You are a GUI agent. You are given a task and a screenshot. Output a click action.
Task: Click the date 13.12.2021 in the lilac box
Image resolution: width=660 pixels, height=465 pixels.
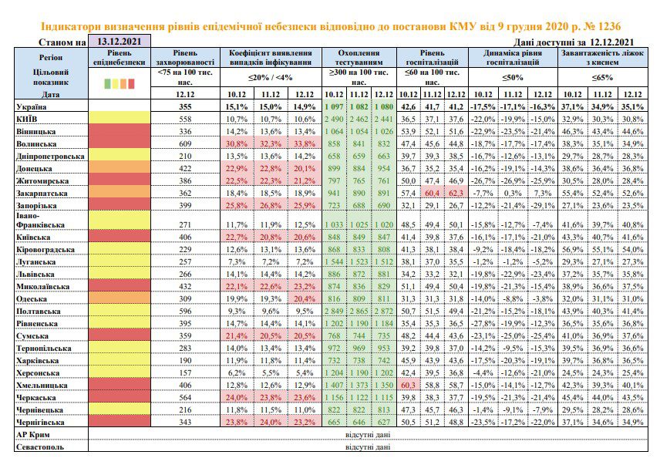(119, 41)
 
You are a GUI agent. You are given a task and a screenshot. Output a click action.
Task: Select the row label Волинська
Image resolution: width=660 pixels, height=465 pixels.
(36, 144)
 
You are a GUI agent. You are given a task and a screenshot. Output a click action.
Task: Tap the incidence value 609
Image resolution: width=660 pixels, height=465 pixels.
(185, 144)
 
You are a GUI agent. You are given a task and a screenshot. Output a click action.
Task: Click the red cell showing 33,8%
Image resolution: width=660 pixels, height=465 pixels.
(305, 144)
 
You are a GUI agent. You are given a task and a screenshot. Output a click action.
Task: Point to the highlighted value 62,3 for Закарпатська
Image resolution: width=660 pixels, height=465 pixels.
(456, 193)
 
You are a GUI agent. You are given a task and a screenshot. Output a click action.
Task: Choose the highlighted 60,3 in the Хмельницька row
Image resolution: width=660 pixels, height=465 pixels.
(408, 385)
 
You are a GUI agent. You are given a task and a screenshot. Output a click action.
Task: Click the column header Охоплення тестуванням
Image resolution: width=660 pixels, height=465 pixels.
(359, 58)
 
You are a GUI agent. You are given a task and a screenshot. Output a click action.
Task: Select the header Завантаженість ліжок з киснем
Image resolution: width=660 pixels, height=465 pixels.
(602, 58)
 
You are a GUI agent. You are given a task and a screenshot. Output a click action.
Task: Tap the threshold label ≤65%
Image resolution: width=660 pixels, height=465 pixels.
(602, 77)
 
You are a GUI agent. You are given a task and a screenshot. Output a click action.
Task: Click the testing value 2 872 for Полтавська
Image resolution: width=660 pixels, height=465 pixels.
(383, 312)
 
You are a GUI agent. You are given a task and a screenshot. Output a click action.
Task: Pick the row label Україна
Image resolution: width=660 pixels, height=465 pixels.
(32, 107)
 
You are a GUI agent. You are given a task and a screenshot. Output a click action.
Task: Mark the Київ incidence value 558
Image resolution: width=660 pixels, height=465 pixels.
(185, 119)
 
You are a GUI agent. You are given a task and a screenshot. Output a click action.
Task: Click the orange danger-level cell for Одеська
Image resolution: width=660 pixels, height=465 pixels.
(120, 298)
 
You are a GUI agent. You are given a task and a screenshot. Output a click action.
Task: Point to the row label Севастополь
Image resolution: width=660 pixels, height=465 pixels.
(40, 447)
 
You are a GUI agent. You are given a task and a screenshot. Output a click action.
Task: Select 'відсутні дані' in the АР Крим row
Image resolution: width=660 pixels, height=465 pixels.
(368, 434)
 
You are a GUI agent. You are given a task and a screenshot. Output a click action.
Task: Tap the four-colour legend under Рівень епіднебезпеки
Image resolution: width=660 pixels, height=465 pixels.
(120, 83)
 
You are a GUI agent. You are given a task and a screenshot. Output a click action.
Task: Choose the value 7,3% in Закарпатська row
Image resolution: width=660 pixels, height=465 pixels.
(543, 193)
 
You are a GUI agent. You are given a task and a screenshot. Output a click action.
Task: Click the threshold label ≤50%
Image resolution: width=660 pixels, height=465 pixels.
(513, 77)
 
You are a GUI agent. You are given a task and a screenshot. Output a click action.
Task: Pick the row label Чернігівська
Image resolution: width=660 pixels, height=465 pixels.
(40, 422)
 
